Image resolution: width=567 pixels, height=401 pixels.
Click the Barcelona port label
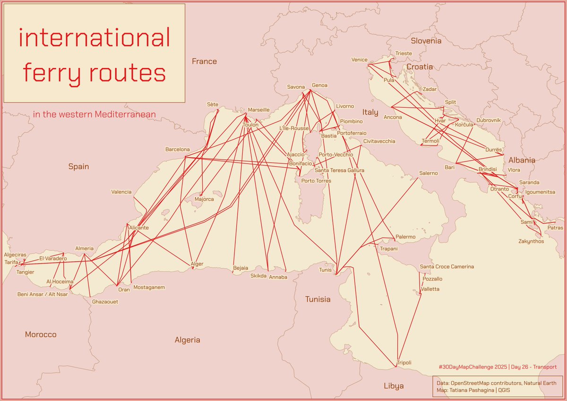[x=177, y=150]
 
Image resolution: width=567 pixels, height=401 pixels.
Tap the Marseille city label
[x=258, y=110]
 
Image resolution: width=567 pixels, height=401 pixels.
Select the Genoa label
[x=319, y=85]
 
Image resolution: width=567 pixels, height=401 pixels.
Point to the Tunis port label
[x=326, y=270]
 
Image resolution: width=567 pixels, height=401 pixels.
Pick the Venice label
[x=359, y=60]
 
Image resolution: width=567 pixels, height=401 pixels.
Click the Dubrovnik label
[x=488, y=120]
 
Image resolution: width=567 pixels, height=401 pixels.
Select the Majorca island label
[x=204, y=199]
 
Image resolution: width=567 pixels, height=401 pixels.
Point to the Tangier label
[x=25, y=272]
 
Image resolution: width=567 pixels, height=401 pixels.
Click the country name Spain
[x=78, y=166]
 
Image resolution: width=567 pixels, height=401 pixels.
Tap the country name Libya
[x=394, y=386]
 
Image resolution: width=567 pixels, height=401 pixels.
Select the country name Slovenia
[x=426, y=41]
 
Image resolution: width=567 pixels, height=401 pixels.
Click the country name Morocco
[x=41, y=334]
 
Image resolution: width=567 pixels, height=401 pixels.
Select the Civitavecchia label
[x=379, y=141]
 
